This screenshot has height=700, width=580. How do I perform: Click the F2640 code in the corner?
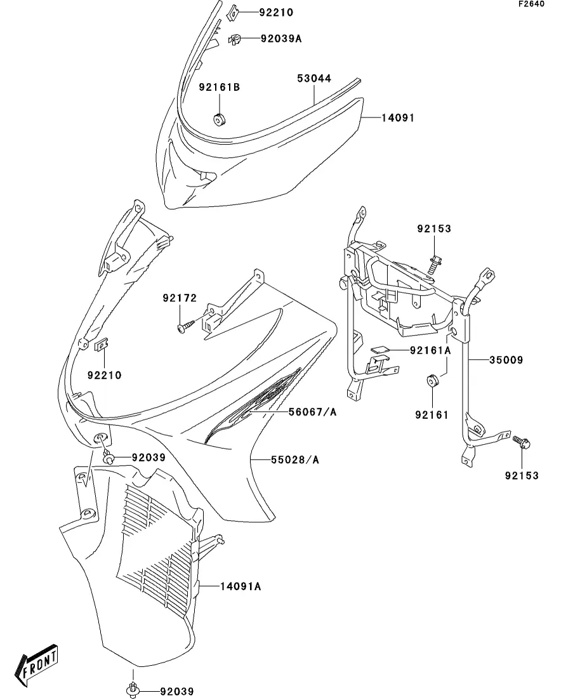click(x=531, y=4)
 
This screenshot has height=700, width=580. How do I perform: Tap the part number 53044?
click(x=314, y=79)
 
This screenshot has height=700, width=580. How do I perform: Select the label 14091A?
click(x=241, y=586)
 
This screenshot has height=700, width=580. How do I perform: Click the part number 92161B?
click(x=219, y=87)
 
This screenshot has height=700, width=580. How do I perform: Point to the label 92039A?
click(x=281, y=39)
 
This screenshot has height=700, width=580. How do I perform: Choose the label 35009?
click(x=506, y=360)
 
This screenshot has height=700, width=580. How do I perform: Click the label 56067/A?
click(x=313, y=412)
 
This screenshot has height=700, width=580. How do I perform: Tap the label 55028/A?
click(x=295, y=460)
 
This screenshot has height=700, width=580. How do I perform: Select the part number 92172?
click(x=180, y=298)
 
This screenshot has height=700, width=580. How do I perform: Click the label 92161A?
click(x=430, y=351)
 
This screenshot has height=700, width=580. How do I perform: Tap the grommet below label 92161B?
click(x=219, y=120)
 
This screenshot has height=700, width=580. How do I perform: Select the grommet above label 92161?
click(x=432, y=381)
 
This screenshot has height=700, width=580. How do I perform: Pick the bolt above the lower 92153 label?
click(x=522, y=442)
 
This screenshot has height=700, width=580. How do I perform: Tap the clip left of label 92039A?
click(x=234, y=39)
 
